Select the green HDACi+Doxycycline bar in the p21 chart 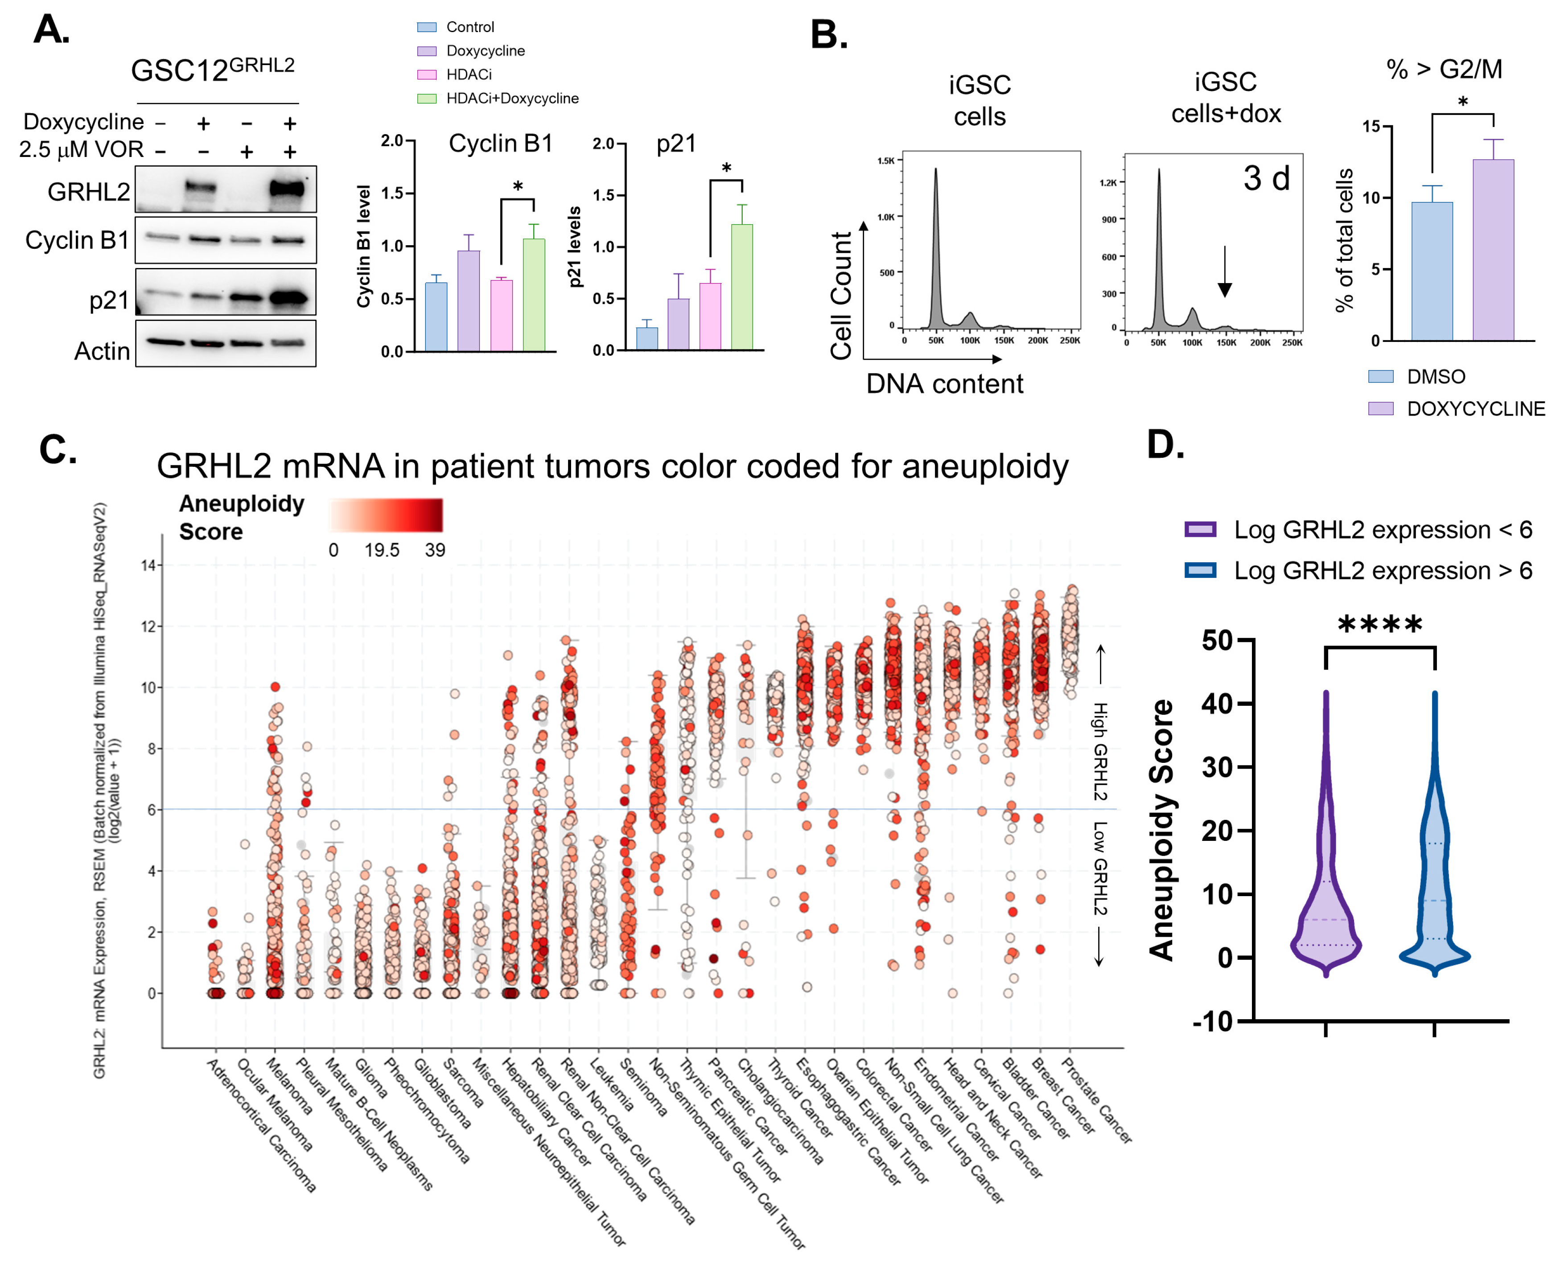[x=742, y=287]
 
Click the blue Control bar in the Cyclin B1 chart [x=436, y=316]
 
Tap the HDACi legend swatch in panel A [x=426, y=75]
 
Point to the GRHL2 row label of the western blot [x=88, y=192]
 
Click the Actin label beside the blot [x=102, y=351]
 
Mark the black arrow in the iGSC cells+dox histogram [x=1224, y=272]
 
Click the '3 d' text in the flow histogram [x=1266, y=179]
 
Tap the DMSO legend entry [x=1433, y=377]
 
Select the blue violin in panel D [x=1433, y=882]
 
